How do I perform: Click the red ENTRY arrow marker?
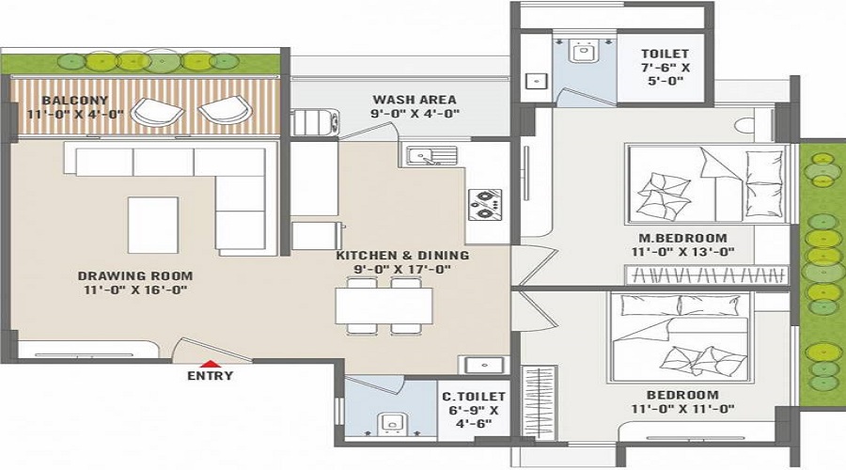coord(211,364)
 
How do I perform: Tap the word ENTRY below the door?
coord(211,376)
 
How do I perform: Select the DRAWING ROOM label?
coord(134,275)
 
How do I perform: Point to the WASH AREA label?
coord(415,100)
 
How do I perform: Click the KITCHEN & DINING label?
coord(402,256)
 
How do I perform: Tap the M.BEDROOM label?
coord(682,238)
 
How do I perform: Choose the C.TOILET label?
coord(474,397)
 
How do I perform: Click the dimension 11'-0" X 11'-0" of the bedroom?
coord(682,409)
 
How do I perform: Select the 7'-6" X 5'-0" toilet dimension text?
coord(666,74)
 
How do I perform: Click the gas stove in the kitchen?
coord(484,205)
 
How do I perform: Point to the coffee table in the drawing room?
coord(153,225)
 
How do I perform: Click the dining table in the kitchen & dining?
coord(384,305)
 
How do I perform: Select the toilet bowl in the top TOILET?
coord(582,51)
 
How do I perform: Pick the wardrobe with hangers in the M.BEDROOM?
coord(706,275)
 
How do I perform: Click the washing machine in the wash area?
coord(315,122)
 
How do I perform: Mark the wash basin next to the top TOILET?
coord(537,81)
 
